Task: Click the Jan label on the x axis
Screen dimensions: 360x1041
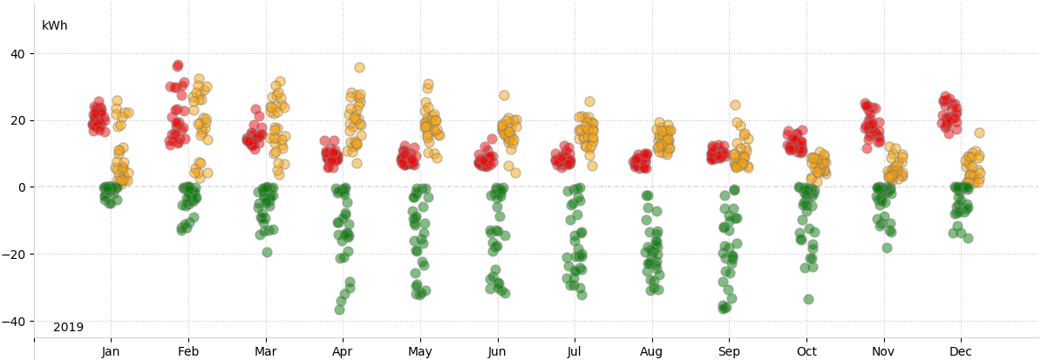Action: (111, 352)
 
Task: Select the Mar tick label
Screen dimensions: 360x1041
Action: (265, 352)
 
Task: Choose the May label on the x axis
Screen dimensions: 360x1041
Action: (420, 352)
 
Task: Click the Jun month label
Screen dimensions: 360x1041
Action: (497, 352)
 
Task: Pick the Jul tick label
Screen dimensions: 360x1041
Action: (575, 352)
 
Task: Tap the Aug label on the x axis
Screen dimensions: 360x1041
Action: (651, 352)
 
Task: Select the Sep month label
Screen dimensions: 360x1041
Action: (730, 352)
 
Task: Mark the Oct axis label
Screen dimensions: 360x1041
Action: (806, 352)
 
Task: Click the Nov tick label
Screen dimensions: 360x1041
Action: (884, 352)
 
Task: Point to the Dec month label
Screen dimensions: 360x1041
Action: (961, 352)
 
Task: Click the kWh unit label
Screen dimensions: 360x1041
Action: (54, 26)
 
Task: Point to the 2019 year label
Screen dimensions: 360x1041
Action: (68, 328)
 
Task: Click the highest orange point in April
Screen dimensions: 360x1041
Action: (359, 67)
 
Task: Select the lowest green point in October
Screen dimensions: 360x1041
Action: (808, 299)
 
